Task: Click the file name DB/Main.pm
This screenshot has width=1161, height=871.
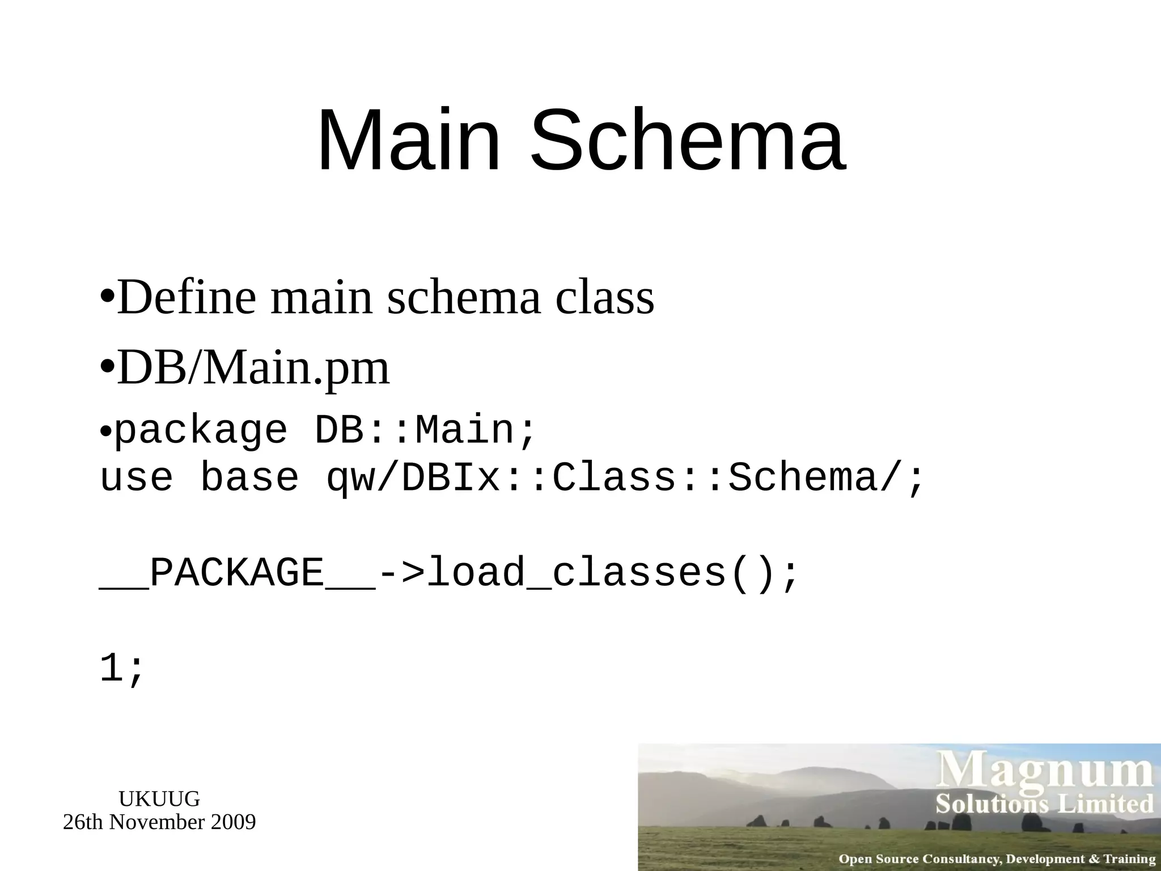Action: tap(253, 369)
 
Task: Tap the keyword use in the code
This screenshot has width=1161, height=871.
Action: tap(136, 477)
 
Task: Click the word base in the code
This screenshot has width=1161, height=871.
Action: tap(249, 477)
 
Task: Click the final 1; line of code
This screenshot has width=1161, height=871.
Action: tap(122, 669)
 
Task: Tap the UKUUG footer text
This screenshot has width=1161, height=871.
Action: tap(159, 799)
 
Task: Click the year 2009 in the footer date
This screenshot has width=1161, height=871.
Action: tap(233, 822)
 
